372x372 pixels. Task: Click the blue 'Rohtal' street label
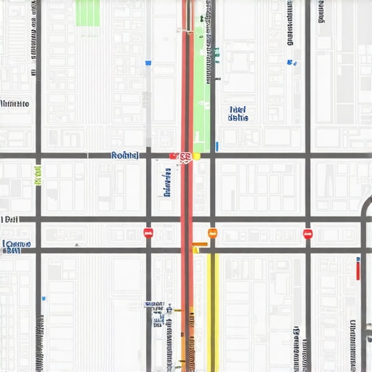click(x=124, y=155)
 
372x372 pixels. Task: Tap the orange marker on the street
click(x=212, y=233)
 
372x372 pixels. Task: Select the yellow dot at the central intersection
click(x=196, y=155)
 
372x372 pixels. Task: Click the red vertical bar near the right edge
click(x=358, y=269)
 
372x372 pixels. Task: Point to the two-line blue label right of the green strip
click(x=238, y=113)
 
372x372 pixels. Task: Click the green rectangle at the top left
click(x=87, y=13)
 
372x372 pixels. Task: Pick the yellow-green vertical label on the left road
click(x=39, y=174)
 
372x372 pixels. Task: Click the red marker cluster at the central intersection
click(x=182, y=156)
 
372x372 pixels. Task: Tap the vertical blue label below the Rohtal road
click(x=167, y=182)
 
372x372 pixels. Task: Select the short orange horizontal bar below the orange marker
click(x=200, y=243)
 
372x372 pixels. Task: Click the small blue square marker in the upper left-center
click(x=148, y=63)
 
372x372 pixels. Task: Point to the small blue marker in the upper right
click(x=293, y=63)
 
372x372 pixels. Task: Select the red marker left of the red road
click(x=148, y=233)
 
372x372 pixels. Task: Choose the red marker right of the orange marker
click(x=307, y=233)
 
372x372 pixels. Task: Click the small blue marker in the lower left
click(x=44, y=298)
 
